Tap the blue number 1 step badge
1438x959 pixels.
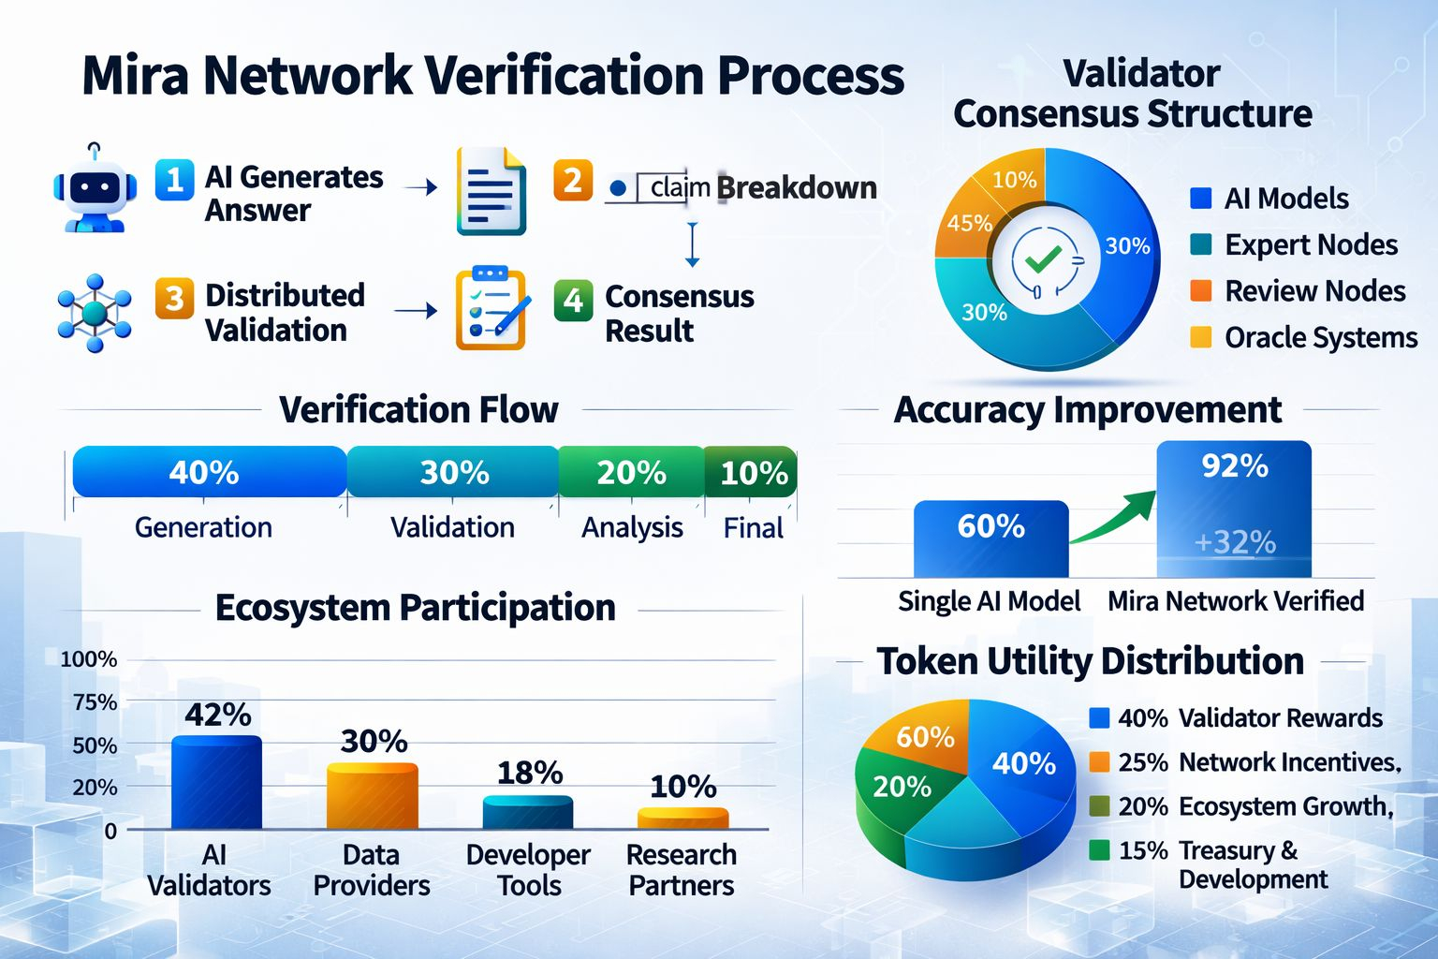[174, 178]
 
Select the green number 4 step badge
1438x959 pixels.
[573, 301]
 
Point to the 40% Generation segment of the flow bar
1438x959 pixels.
[208, 472]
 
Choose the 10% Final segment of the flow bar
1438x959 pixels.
[752, 472]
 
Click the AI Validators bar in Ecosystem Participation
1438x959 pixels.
[216, 783]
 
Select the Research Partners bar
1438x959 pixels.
[682, 819]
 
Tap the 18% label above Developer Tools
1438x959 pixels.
[529, 774]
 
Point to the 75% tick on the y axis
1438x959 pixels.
[95, 702]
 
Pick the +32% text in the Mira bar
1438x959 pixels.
[1235, 542]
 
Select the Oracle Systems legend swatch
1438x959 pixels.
[1200, 337]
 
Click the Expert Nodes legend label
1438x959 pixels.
[1311, 245]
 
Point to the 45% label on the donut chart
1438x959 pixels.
[969, 223]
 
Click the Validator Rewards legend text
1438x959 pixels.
[1280, 718]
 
